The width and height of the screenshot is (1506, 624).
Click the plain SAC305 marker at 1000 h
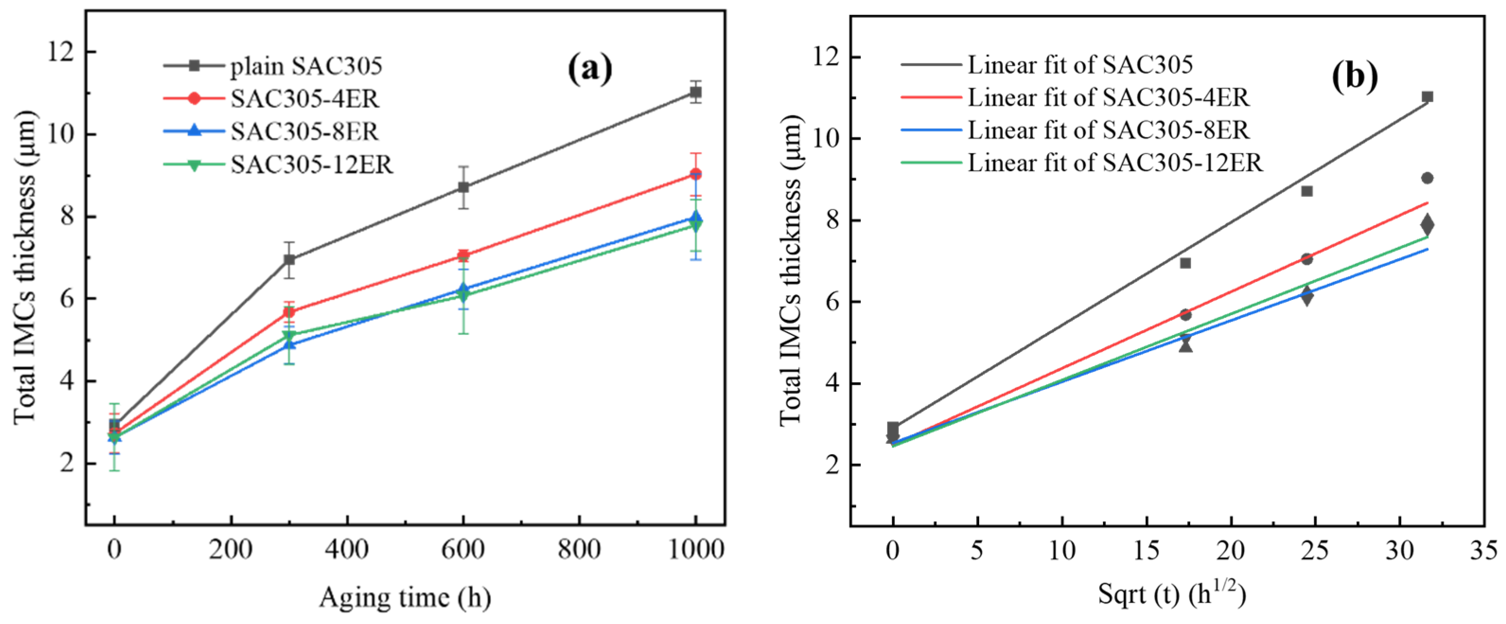(695, 92)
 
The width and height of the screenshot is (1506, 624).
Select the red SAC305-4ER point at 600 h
(463, 255)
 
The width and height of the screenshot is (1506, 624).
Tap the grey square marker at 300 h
(289, 260)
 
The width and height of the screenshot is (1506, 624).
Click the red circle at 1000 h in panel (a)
(695, 174)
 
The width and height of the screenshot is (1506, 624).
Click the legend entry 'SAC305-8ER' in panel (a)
(304, 132)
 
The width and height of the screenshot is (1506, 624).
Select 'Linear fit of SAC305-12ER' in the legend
(1115, 163)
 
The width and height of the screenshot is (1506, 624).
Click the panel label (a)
(590, 69)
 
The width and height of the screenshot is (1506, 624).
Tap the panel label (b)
(1355, 77)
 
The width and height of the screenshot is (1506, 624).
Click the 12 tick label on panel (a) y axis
(63, 53)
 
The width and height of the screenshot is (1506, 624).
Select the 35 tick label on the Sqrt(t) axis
(1484, 550)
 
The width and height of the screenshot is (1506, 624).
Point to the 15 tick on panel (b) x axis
(1147, 550)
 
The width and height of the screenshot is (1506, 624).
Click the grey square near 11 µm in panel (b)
(1427, 97)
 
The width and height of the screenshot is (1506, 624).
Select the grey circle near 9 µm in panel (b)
(1427, 178)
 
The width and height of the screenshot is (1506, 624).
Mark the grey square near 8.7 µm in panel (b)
(1307, 191)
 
